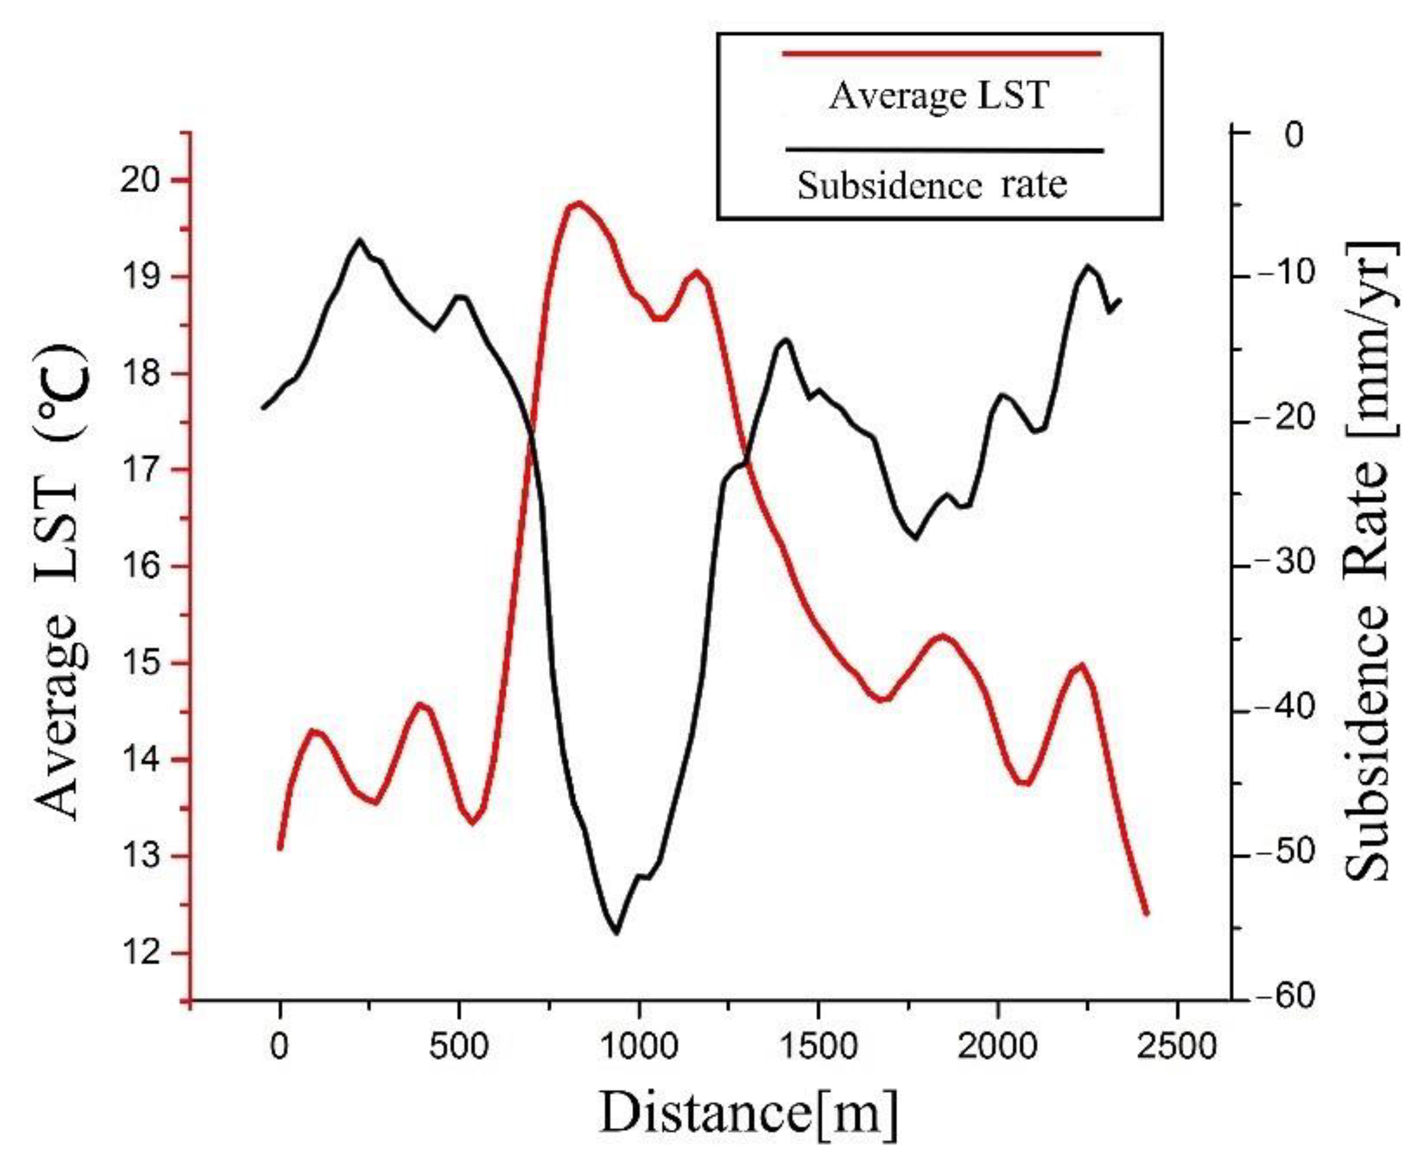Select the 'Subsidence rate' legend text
coord(932,185)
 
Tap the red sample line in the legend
coord(941,53)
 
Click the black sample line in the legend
coord(944,150)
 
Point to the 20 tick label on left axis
coord(145,181)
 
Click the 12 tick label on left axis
coord(145,953)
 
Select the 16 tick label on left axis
coord(145,567)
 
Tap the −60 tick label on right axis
coord(1283,998)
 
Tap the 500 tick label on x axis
coord(458,1046)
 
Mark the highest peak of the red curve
coord(578,202)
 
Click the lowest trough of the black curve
coord(616,933)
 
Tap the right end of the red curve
coord(1147,913)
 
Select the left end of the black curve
coord(263,407)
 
